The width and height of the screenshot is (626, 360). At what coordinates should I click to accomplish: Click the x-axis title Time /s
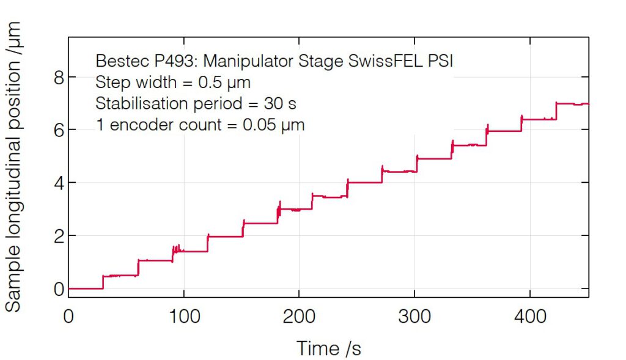click(x=329, y=348)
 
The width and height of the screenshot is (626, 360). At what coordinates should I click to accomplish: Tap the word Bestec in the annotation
click(x=118, y=62)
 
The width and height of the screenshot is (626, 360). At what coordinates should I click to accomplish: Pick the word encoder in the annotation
click(x=142, y=125)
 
